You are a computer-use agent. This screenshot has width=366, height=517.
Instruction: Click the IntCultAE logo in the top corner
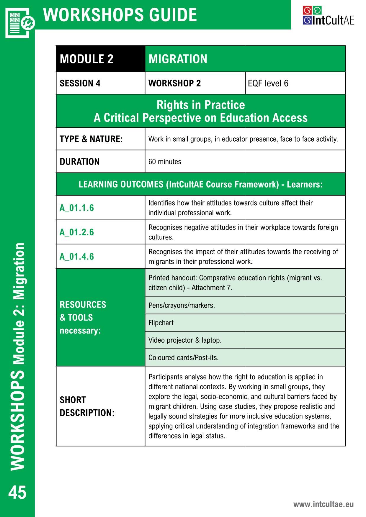pos(328,16)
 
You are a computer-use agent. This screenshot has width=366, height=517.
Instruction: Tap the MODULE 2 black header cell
pos(100,59)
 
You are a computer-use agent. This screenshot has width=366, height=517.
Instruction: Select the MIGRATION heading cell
pos(245,59)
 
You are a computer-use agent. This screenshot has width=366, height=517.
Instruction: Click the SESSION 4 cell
pos(100,83)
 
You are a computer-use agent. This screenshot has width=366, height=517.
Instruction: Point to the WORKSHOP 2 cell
pos(195,83)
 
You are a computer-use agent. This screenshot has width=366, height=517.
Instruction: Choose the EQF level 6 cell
pos(295,83)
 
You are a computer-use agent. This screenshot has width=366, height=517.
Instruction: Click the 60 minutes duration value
pos(165,162)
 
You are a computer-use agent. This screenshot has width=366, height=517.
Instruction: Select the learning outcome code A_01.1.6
pos(77,208)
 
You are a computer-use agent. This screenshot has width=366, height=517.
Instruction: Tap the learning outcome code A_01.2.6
pos(77,232)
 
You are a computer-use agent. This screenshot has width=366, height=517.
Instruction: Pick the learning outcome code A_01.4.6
pos(77,257)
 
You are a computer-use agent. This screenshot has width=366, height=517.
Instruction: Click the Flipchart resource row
pos(245,323)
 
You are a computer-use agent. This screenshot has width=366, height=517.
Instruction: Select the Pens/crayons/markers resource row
pos(245,305)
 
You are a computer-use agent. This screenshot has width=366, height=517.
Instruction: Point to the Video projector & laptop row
pos(245,340)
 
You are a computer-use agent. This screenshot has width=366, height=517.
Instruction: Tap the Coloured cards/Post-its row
pos(245,357)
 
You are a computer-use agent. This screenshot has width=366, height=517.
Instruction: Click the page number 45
pos(17,492)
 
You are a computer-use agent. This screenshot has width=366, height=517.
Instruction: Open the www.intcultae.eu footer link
pos(323,504)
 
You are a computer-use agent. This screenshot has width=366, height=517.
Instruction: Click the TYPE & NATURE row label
pos(91,139)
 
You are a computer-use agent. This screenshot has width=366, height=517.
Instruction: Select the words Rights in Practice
pos(201,105)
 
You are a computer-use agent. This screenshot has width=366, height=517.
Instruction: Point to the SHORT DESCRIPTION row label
pos(87,406)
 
